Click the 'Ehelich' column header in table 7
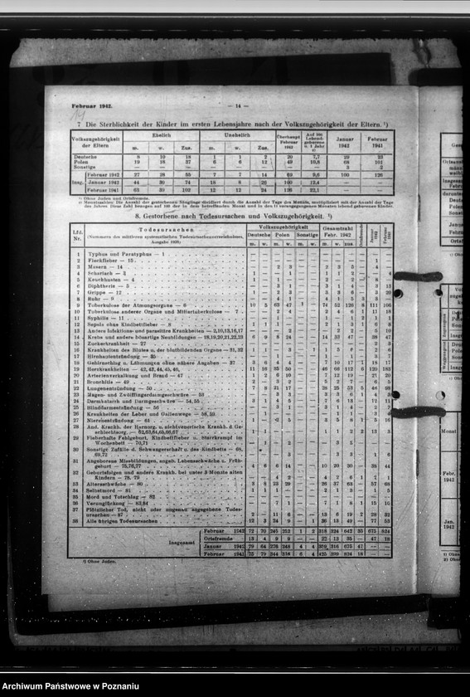click(x=162, y=134)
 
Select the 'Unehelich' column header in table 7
click(x=238, y=134)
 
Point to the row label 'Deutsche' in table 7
click(x=85, y=156)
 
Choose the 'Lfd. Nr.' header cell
click(x=78, y=235)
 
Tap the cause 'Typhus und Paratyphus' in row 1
click(x=124, y=253)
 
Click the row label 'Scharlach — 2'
click(x=108, y=273)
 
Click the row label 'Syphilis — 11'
click(x=106, y=318)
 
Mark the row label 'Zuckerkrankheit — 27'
click(x=119, y=344)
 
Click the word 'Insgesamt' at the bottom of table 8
click(x=182, y=543)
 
